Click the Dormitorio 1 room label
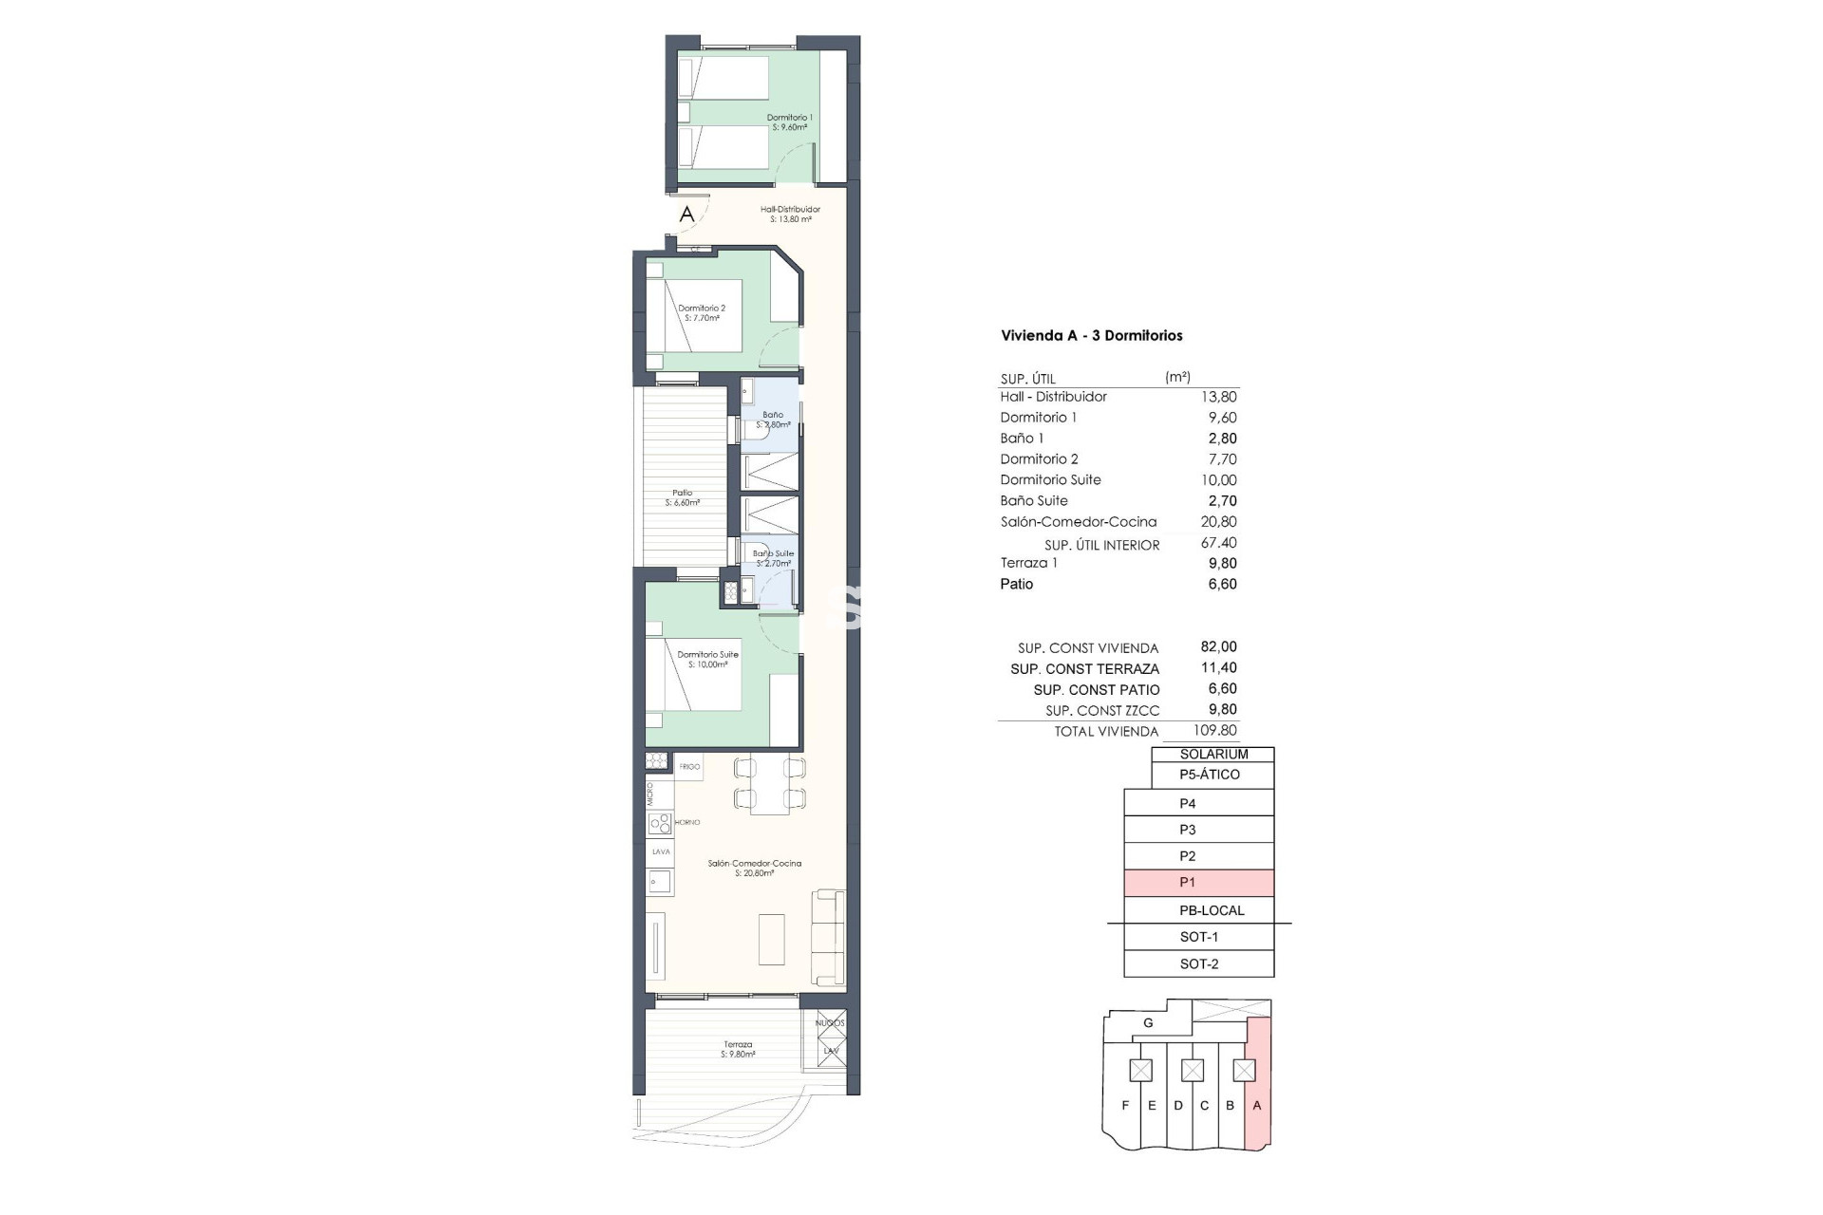(x=789, y=122)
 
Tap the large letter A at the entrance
(x=686, y=215)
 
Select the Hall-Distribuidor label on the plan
(x=790, y=214)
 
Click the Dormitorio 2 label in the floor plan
(x=702, y=313)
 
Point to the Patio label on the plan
(x=682, y=497)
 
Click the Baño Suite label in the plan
(x=773, y=558)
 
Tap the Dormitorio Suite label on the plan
(x=707, y=659)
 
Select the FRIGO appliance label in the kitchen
(x=689, y=766)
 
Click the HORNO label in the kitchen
(x=687, y=822)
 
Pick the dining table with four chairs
(x=769, y=785)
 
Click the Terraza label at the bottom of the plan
(x=738, y=1049)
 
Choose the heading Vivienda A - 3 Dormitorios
(x=1091, y=335)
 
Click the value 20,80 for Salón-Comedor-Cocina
(x=1218, y=521)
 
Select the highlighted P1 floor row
(x=1198, y=883)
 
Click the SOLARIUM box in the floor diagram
(x=1212, y=755)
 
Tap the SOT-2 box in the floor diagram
(x=1198, y=963)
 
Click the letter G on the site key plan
(x=1148, y=1023)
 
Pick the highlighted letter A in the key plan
(x=1257, y=1105)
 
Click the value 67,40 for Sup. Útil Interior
(x=1218, y=543)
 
